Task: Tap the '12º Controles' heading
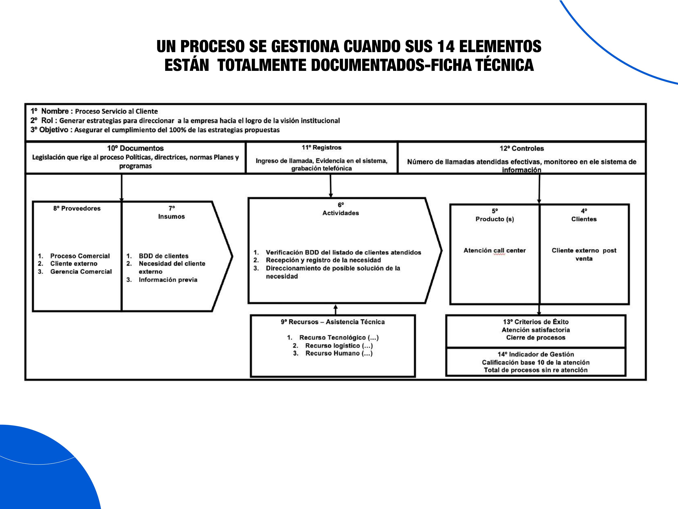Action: tap(522, 148)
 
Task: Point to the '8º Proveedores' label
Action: tap(77, 208)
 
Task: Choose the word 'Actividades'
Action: tap(341, 213)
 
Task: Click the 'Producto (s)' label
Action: tap(495, 219)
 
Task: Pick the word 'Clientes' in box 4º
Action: tap(584, 219)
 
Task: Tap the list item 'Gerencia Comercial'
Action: tap(81, 272)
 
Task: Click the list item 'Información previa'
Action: tap(168, 280)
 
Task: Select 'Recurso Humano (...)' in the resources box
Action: tap(339, 353)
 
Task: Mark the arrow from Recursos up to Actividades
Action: tap(336, 309)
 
